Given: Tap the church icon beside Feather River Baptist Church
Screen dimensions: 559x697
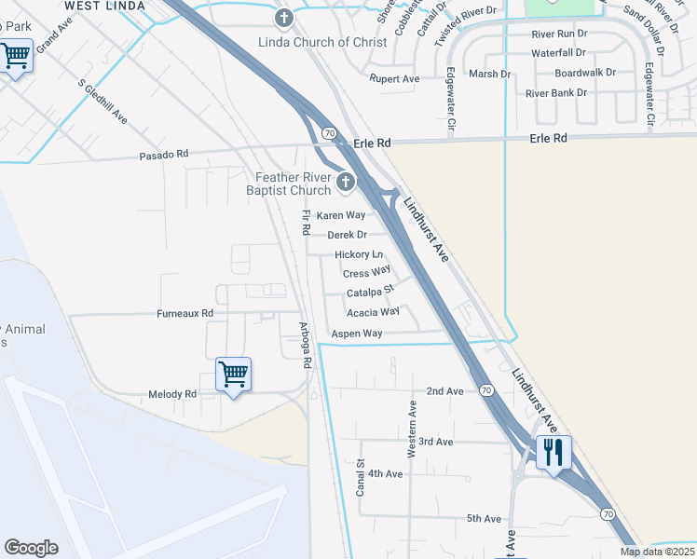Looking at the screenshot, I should click(347, 183).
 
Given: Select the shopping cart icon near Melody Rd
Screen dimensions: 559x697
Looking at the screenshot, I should click(233, 375).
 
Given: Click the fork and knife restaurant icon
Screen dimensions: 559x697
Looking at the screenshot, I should click(553, 452).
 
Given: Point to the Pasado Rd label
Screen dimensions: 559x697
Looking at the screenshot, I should click(163, 155).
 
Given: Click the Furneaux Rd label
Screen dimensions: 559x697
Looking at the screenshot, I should click(184, 313).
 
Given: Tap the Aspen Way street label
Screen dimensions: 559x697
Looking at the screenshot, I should click(358, 334).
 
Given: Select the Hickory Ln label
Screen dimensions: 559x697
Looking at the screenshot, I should click(359, 254).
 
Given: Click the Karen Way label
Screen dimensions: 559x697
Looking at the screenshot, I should click(341, 215).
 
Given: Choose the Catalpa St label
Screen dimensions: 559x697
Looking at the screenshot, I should click(371, 293).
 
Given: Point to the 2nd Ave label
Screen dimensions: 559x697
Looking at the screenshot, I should click(444, 391).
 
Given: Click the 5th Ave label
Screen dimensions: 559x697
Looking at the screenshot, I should click(485, 519).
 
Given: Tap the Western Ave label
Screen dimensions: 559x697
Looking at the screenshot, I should click(411, 429).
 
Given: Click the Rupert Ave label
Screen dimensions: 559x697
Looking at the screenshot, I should click(394, 79).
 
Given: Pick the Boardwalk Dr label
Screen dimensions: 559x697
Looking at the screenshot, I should click(585, 73).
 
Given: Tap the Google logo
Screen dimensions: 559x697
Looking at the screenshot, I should click(31, 548).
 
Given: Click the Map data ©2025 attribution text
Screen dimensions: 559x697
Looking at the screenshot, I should click(657, 552).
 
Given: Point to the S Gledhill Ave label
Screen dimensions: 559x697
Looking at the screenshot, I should click(102, 102).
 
